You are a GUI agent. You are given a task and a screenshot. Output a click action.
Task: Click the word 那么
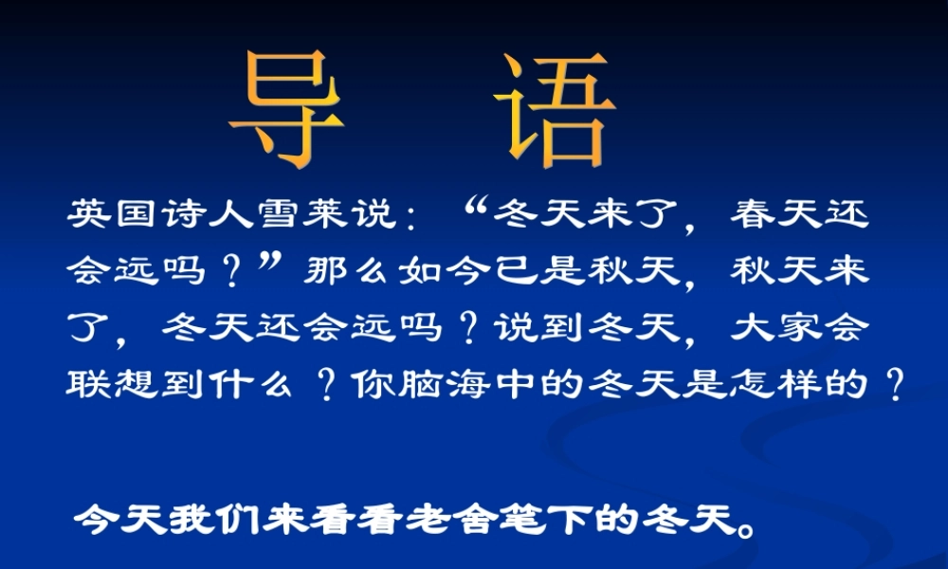tap(350, 272)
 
